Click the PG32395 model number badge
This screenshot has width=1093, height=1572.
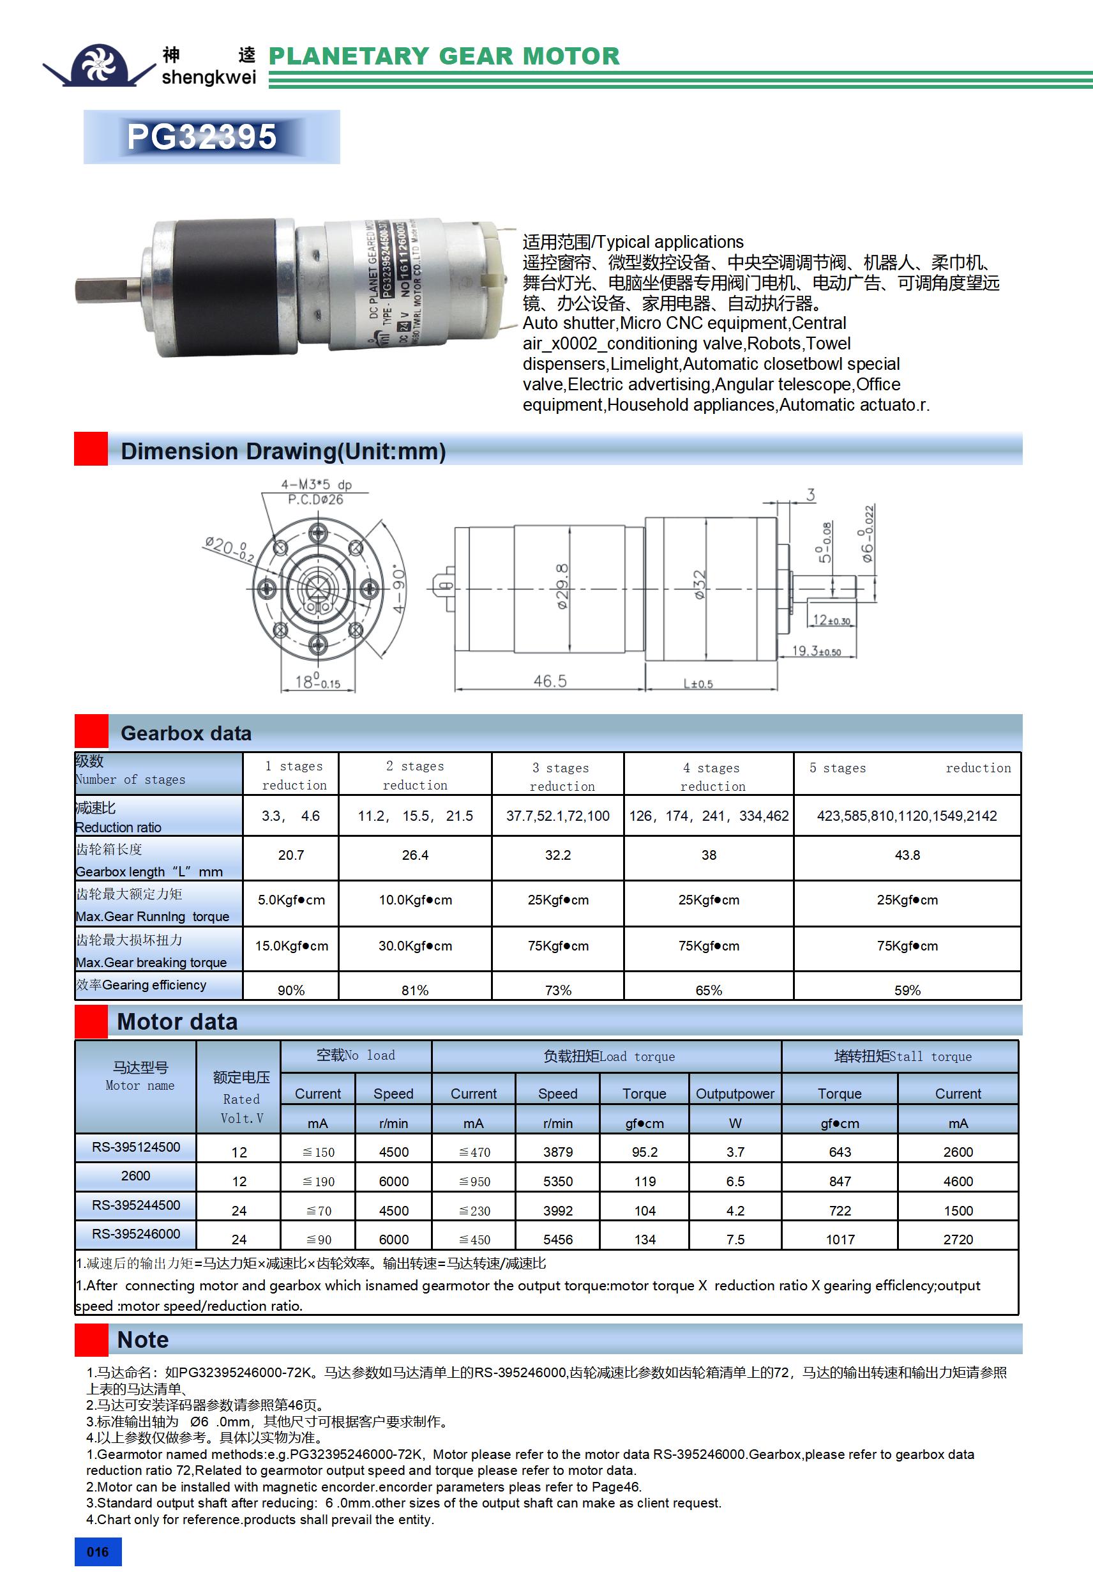202,136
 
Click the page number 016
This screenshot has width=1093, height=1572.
98,1552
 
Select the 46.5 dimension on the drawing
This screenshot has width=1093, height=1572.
550,680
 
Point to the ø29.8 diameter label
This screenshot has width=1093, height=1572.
562,586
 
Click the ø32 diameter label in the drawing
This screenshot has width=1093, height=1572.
699,584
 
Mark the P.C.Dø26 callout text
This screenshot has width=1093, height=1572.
315,499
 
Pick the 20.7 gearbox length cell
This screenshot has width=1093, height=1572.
291,855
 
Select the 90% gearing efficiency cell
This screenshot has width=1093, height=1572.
291,990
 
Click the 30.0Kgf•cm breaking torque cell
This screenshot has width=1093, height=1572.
415,945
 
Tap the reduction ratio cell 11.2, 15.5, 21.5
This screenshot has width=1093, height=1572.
415,816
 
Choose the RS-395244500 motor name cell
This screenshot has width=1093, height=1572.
135,1204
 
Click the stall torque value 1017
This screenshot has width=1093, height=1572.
840,1239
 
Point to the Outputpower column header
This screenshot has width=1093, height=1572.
734,1094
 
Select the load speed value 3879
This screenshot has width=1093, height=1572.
558,1152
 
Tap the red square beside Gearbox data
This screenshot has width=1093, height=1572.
91,731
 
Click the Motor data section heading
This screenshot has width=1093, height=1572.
177,1021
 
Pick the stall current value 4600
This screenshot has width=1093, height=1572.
958,1181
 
